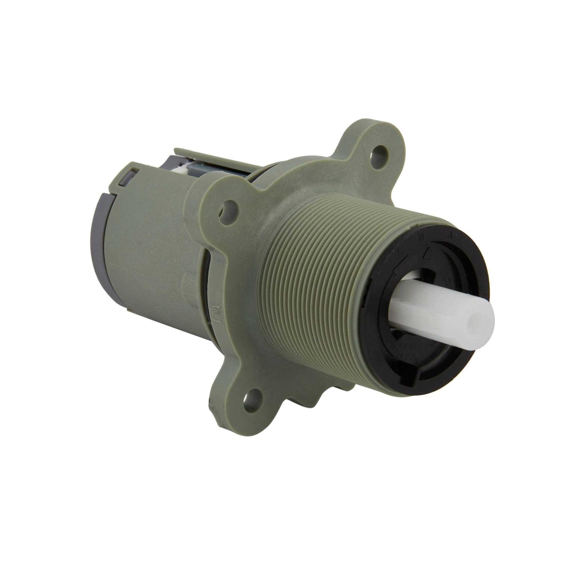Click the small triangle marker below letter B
point(427,254)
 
